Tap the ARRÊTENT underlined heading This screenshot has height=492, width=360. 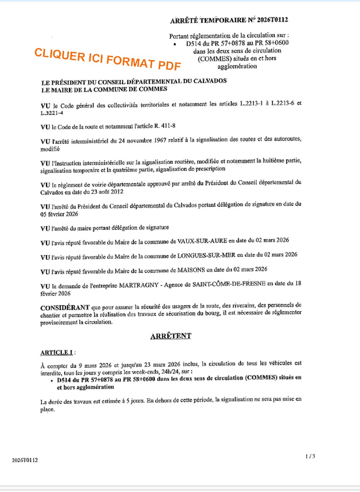[x=171, y=336]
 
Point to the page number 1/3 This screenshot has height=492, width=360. [x=310, y=456]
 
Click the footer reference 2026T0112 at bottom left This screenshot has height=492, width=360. [x=25, y=460]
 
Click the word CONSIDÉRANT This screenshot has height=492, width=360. [x=64, y=305]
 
